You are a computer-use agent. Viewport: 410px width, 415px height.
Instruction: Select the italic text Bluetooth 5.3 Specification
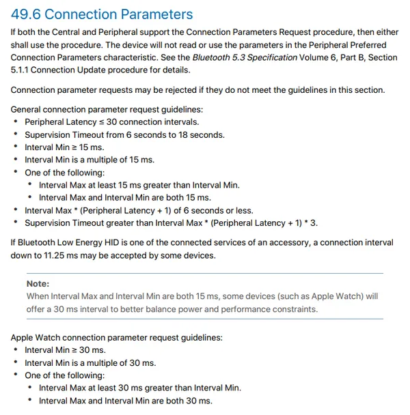245,57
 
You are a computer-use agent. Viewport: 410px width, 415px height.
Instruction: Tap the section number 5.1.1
23,70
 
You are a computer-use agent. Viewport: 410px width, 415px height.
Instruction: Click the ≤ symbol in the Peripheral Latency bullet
101,122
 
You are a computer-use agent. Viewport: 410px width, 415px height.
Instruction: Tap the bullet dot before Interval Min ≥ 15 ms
16,147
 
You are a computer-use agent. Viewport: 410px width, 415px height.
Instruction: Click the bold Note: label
38,283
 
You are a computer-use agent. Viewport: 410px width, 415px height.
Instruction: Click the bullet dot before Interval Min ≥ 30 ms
16,350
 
